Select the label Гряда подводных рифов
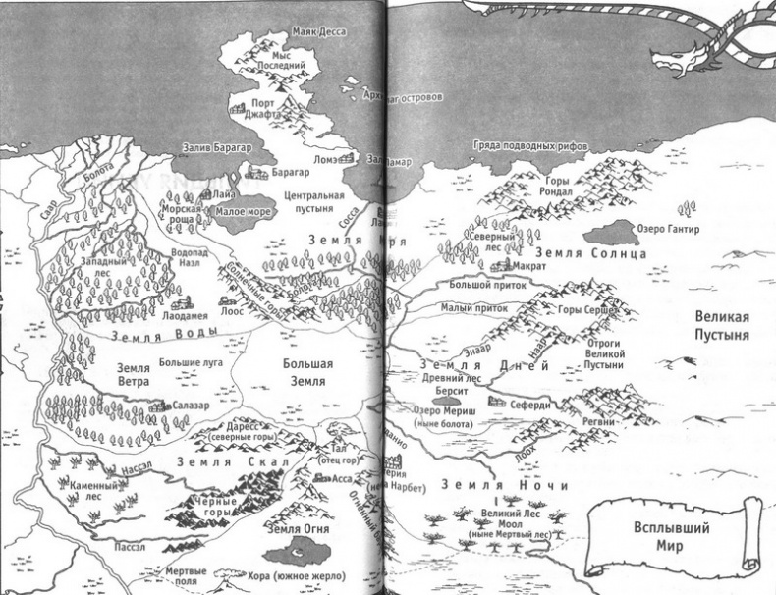point(530,144)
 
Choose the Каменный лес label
point(94,491)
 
